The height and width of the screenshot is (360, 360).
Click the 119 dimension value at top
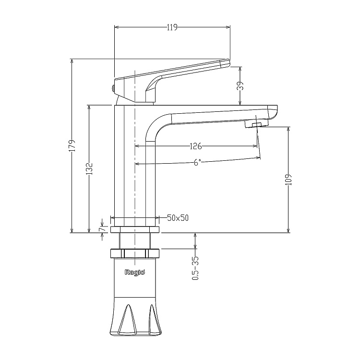pos(172,27)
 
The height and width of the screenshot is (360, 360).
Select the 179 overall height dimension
pos(72,145)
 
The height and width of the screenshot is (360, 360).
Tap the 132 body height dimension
pos(89,169)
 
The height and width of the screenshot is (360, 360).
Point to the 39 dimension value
pos(240,86)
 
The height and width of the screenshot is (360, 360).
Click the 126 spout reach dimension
pos(196,146)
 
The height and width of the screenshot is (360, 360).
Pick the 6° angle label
pos(197,163)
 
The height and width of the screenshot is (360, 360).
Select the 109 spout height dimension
pos(289,180)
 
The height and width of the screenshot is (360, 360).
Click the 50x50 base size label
pos(178,217)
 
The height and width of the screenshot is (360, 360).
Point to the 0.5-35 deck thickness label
pos(195,268)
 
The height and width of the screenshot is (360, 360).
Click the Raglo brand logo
pos(135,273)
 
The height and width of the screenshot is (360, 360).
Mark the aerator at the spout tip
pos(256,124)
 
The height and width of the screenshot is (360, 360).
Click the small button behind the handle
pos(113,88)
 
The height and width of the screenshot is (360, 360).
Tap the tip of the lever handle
pos(229,62)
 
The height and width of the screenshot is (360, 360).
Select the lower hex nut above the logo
pos(135,253)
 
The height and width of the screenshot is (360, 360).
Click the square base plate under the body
pos(135,229)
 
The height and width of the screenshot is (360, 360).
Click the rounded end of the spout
pos(273,112)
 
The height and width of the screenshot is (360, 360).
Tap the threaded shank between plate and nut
pos(135,241)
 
